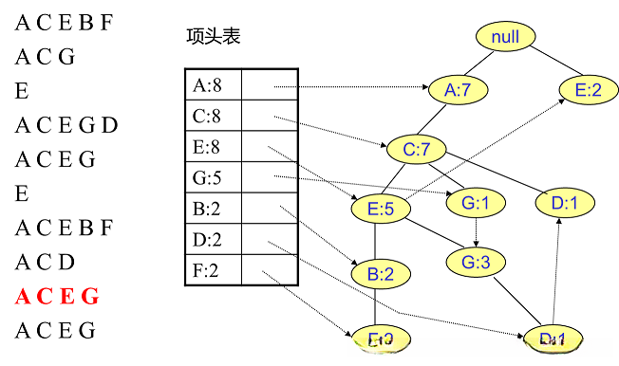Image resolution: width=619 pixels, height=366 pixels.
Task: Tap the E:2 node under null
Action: pyautogui.click(x=588, y=90)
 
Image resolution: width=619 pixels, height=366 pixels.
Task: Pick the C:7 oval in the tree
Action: pyautogui.click(x=417, y=149)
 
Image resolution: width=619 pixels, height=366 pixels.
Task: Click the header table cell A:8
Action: pyautogui.click(x=214, y=85)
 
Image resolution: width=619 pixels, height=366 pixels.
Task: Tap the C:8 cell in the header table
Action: pyautogui.click(x=214, y=117)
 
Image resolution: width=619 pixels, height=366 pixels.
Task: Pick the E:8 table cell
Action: pyautogui.click(x=214, y=147)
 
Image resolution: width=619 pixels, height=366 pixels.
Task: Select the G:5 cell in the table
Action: pyautogui.click(x=214, y=178)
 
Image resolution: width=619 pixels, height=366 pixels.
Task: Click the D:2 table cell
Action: pyautogui.click(x=214, y=240)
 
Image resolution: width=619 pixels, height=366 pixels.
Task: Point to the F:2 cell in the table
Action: pyautogui.click(x=214, y=271)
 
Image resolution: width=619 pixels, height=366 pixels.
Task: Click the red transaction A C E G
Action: pyautogui.click(x=56, y=297)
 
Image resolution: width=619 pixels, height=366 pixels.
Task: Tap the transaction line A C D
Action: pyautogui.click(x=46, y=263)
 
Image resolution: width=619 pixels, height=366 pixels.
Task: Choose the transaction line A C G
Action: pyautogui.click(x=45, y=56)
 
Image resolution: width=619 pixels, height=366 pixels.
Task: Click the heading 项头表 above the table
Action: pyautogui.click(x=214, y=37)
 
